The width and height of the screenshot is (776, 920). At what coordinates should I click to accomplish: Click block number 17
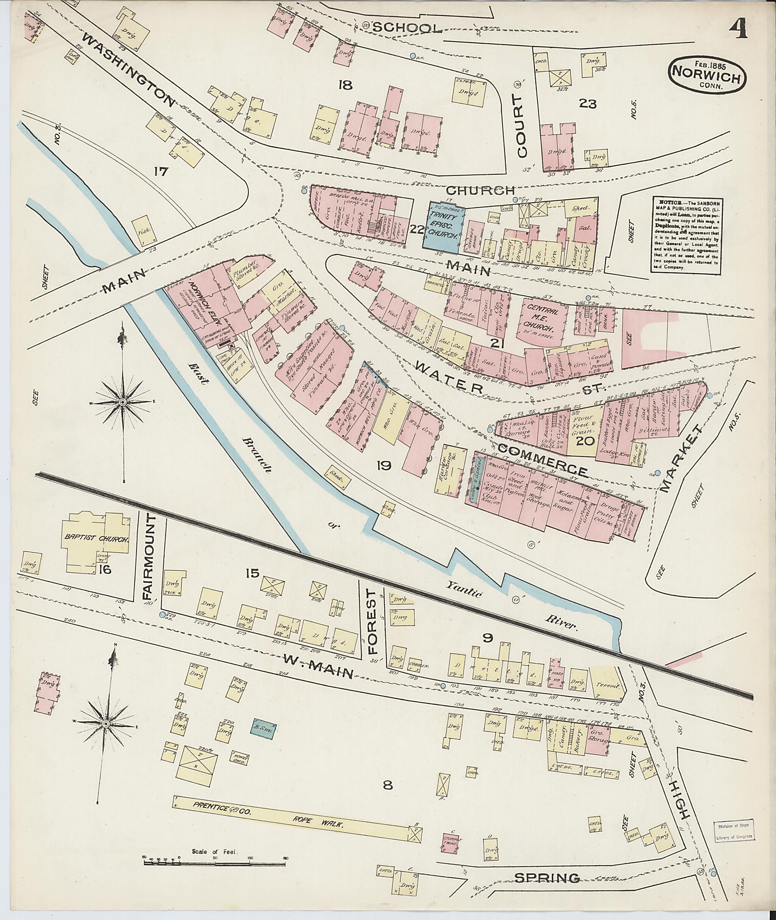point(161,171)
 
